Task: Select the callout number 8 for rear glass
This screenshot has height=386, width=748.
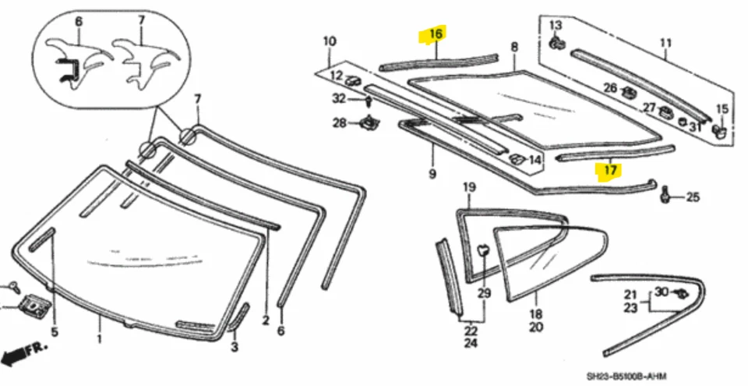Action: click(513, 48)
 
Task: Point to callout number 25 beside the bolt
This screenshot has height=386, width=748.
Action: click(693, 197)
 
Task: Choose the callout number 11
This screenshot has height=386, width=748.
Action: click(665, 44)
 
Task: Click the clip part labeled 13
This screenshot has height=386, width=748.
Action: click(556, 43)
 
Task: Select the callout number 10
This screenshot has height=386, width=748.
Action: click(329, 41)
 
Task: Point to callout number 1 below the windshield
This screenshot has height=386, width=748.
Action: click(99, 340)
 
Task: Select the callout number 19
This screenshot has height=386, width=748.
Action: click(469, 187)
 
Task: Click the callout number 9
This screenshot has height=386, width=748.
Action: click(432, 173)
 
